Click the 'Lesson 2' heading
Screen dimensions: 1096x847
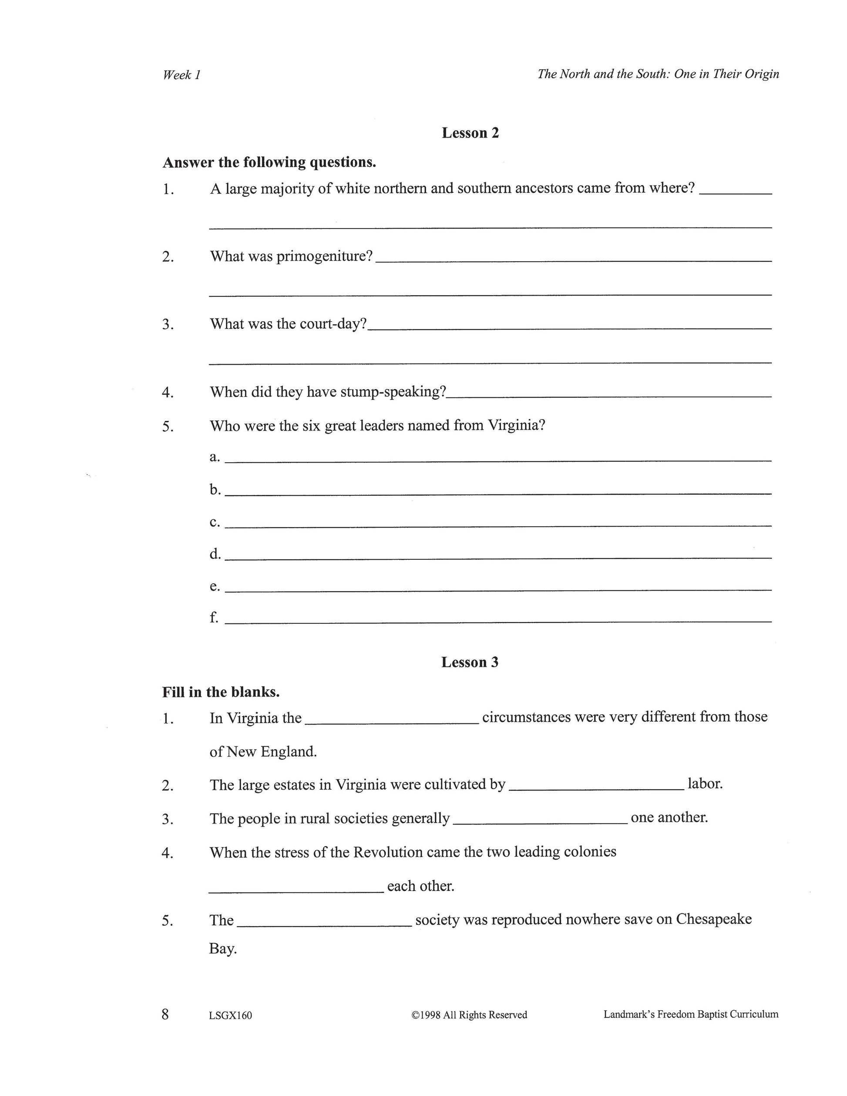tap(470, 133)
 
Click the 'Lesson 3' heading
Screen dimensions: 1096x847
tap(470, 662)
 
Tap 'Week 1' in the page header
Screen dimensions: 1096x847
tap(181, 75)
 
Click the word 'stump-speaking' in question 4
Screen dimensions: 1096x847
tap(393, 392)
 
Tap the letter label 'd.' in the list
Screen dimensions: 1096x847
tap(215, 554)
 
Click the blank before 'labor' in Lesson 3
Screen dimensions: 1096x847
tap(596, 788)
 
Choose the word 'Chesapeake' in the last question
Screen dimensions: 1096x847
tap(713, 919)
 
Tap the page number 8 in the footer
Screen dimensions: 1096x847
tap(165, 1015)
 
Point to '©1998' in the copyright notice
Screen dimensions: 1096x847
tap(426, 1015)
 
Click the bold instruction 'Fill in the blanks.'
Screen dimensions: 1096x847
tap(221, 692)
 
